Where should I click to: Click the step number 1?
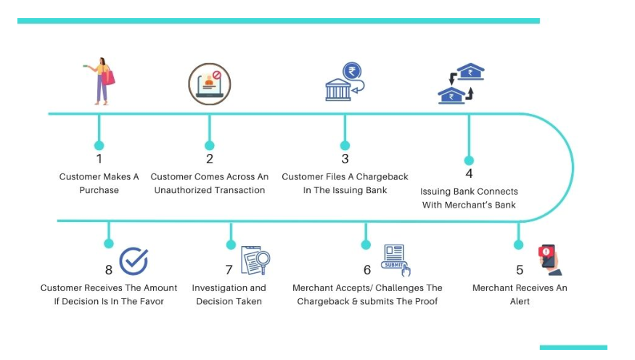click(99, 159)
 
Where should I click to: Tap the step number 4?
click(469, 174)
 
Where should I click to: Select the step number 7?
click(229, 270)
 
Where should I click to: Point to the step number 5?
click(520, 270)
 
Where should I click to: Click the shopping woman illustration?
click(100, 81)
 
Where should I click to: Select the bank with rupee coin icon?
click(345, 82)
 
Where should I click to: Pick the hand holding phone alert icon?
click(551, 260)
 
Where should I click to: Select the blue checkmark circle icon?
click(134, 261)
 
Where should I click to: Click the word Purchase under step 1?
click(99, 190)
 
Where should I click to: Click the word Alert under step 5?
click(520, 301)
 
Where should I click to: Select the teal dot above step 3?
click(345, 145)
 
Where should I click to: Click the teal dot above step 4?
click(469, 160)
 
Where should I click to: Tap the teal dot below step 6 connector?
click(366, 245)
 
